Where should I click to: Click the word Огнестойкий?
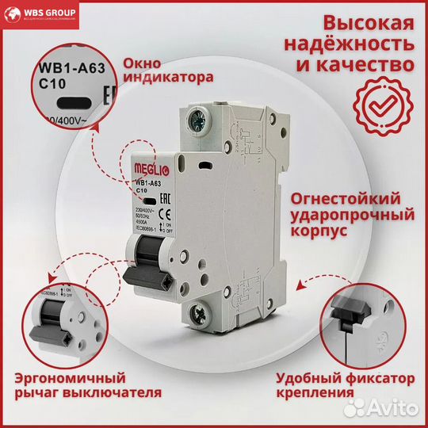click(353, 197)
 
